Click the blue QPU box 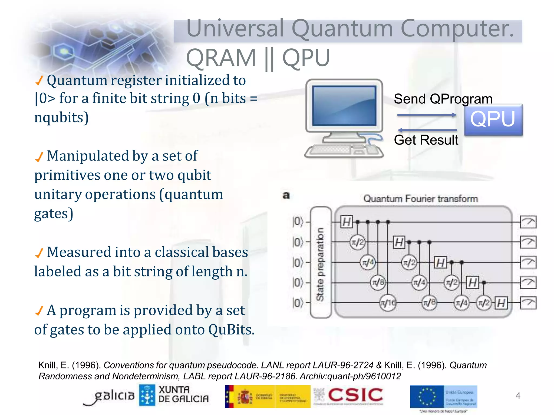coord(493,120)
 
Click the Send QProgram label coord(443,99)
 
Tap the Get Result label coord(426,140)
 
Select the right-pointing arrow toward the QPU coord(427,115)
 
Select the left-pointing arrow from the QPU coord(427,130)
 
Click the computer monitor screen coord(344,106)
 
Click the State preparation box coord(321,262)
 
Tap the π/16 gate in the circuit coord(388,303)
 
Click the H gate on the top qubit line coord(346,222)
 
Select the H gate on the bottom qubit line coord(501,303)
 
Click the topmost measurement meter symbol coord(528,222)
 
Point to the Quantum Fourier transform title coord(420,199)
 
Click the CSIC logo coord(355,395)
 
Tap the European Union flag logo coord(427,396)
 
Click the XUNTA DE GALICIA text coord(183,394)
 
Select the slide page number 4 coord(518,396)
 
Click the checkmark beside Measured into coord(39,253)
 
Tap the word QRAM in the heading coord(221,58)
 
